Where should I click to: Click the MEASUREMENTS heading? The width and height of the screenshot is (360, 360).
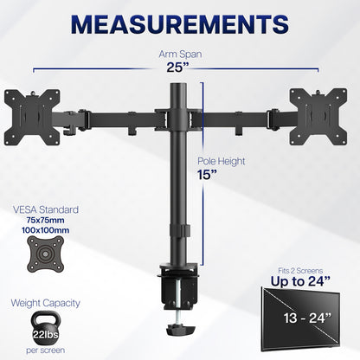coord(179,22)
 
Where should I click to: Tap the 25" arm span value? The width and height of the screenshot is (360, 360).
coord(180,67)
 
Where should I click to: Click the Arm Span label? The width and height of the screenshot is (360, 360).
coord(180,52)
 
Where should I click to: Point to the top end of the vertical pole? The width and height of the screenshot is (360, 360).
coord(180,86)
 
